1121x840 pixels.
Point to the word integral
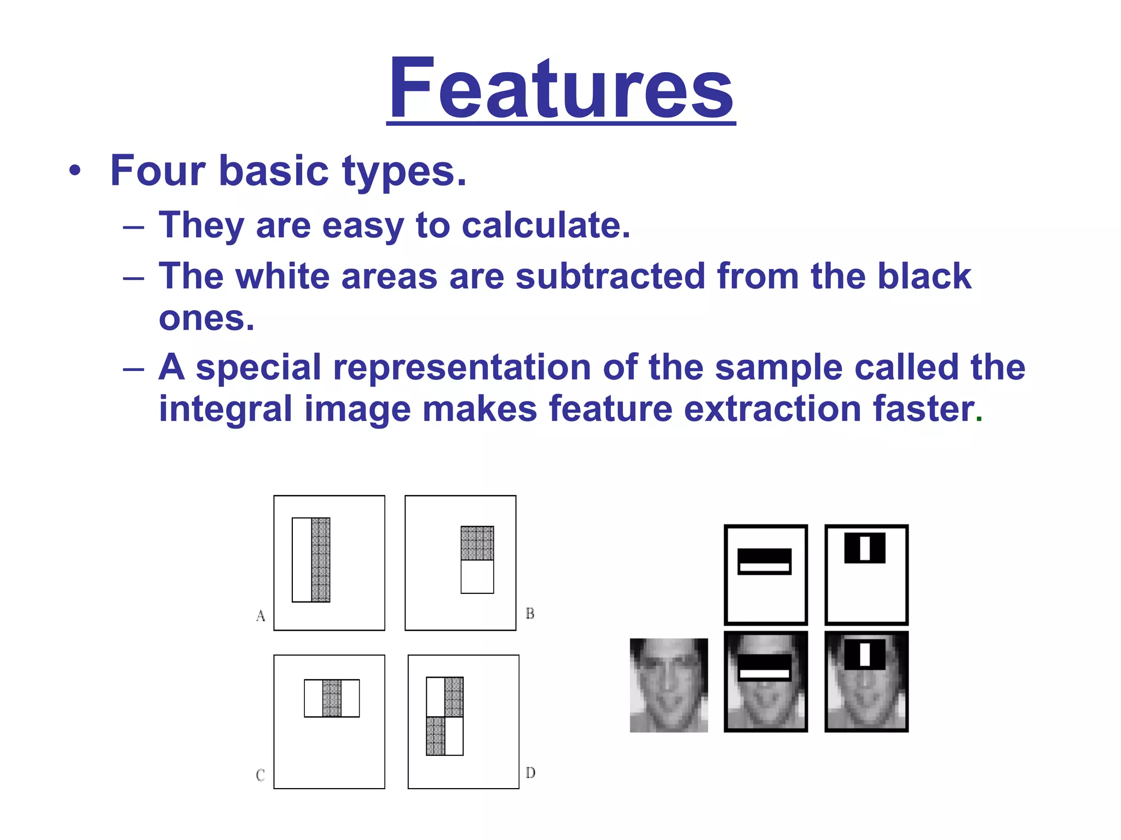[225, 409]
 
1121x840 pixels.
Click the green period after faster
[979, 419]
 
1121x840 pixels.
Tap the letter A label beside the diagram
[261, 616]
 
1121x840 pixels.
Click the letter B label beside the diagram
[530, 614]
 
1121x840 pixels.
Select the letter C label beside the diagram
[261, 775]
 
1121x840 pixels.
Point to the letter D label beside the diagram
[530, 773]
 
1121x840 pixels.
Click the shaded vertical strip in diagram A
[321, 559]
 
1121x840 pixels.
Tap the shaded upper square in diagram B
[477, 543]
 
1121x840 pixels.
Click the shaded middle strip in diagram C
[332, 698]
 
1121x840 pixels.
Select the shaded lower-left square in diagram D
[436, 736]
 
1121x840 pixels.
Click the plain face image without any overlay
[668, 685]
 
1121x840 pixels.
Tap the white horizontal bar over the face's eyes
[765, 674]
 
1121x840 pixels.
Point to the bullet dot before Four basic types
[75, 171]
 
